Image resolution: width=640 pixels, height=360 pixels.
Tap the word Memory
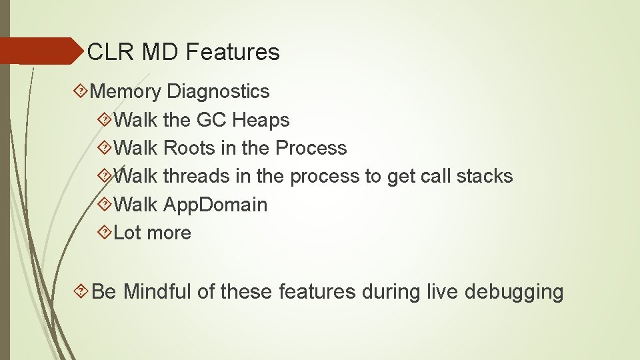coord(126,91)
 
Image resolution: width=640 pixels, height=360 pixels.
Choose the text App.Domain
coord(215,205)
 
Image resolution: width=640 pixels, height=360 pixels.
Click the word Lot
coord(127,233)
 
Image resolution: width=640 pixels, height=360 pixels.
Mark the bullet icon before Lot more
coord(105,233)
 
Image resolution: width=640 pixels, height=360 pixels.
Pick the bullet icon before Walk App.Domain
coord(105,205)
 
